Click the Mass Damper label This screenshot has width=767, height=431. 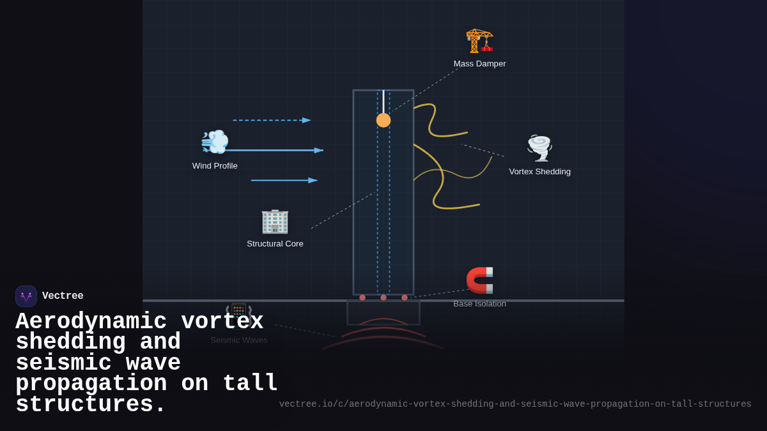[479, 64]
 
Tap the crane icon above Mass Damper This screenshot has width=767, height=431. [479, 40]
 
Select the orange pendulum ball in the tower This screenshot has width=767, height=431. [383, 120]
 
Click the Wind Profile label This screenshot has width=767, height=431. [215, 166]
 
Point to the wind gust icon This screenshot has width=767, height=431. [215, 142]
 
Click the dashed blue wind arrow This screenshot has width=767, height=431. [272, 120]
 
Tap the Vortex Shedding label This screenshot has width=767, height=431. [539, 172]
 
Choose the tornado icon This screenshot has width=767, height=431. [539, 147]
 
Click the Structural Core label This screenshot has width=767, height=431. [275, 244]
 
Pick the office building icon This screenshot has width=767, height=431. [275, 221]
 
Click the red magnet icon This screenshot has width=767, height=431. [479, 280]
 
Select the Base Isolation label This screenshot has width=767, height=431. [479, 304]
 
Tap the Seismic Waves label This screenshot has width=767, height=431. [239, 340]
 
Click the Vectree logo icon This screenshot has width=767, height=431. [26, 296]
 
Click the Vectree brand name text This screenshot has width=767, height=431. [63, 296]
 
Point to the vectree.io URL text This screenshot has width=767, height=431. [515, 404]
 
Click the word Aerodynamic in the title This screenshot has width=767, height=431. [91, 321]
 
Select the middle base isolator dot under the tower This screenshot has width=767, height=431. [383, 298]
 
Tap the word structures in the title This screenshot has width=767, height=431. [90, 405]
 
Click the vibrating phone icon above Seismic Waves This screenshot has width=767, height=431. [239, 312]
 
